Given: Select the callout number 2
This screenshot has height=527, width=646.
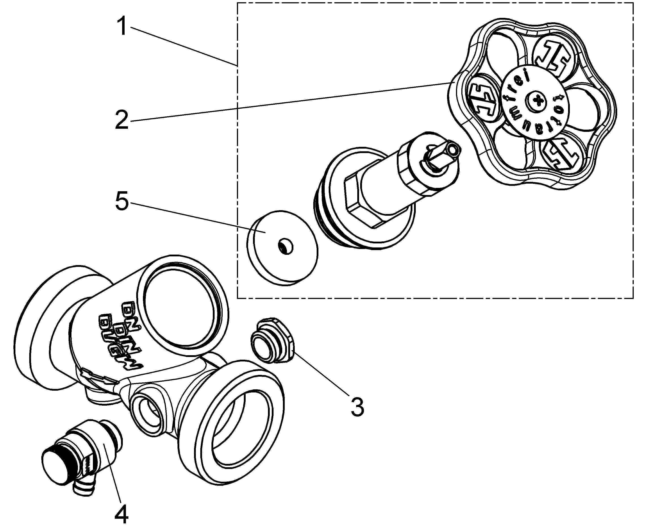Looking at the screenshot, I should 122,120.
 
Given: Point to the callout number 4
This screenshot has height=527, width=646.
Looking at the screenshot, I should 121,513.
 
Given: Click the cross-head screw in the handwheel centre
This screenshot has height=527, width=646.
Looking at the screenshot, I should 537,101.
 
